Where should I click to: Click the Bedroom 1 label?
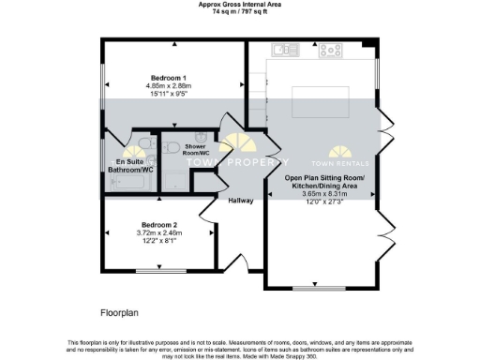[x=169, y=78]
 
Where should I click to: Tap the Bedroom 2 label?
[x=159, y=225]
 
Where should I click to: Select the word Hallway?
[x=241, y=200]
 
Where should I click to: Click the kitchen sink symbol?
[x=282, y=49]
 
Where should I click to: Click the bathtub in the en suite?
[x=126, y=182]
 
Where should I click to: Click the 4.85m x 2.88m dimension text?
[x=169, y=87]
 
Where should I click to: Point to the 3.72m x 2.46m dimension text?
[x=159, y=233]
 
